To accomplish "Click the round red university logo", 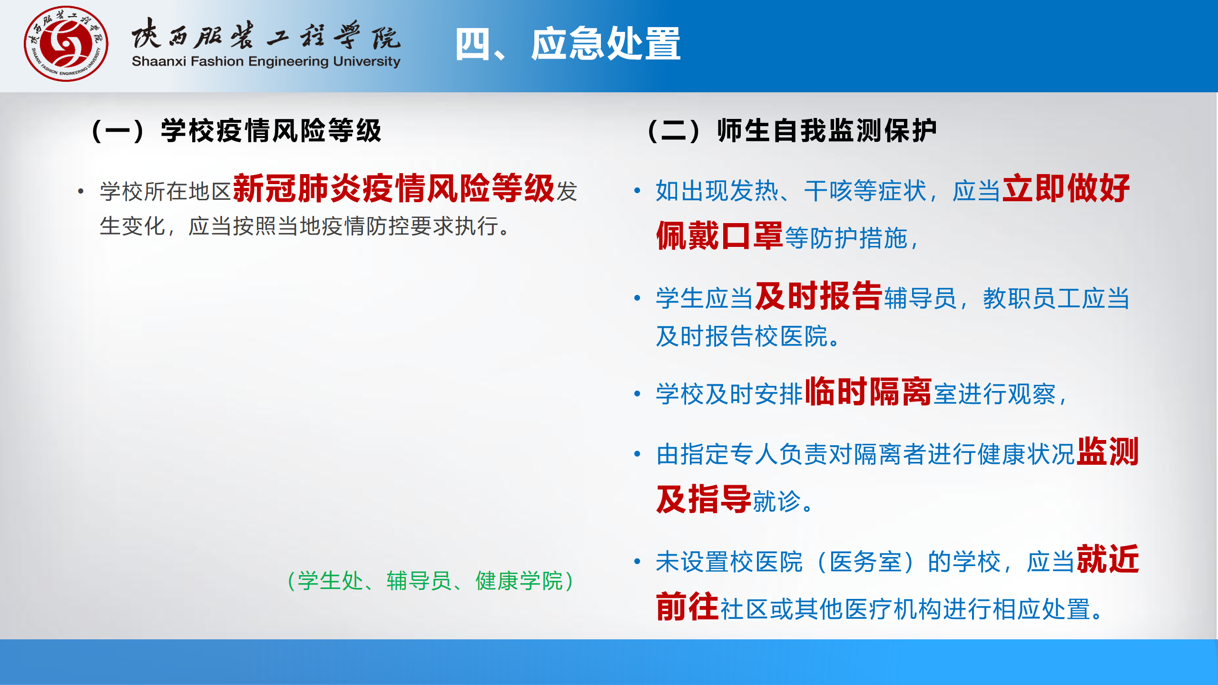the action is pyautogui.click(x=66, y=44).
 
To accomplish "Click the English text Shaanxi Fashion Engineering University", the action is pyautogui.click(x=266, y=62).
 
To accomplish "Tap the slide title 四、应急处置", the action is pyautogui.click(x=568, y=44).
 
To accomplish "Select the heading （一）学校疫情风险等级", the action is pyautogui.click(x=236, y=131).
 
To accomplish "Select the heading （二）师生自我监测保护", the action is pyautogui.click(x=792, y=131).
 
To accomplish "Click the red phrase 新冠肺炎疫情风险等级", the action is pyautogui.click(x=394, y=188).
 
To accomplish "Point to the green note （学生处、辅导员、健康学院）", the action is pyautogui.click(x=431, y=581).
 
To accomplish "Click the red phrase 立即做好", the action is pyautogui.click(x=1066, y=188).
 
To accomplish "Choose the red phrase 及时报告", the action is pyautogui.click(x=819, y=296).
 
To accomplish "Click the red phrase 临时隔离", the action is pyautogui.click(x=868, y=391).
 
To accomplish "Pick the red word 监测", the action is pyautogui.click(x=1108, y=451).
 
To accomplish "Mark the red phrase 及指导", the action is pyautogui.click(x=704, y=499).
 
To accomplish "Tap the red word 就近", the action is pyautogui.click(x=1108, y=559).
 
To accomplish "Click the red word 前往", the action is pyautogui.click(x=688, y=607).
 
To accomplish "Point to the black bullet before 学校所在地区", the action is pyautogui.click(x=81, y=191).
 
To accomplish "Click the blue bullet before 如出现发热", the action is pyautogui.click(x=638, y=191).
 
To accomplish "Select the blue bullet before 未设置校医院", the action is pyautogui.click(x=638, y=561).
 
